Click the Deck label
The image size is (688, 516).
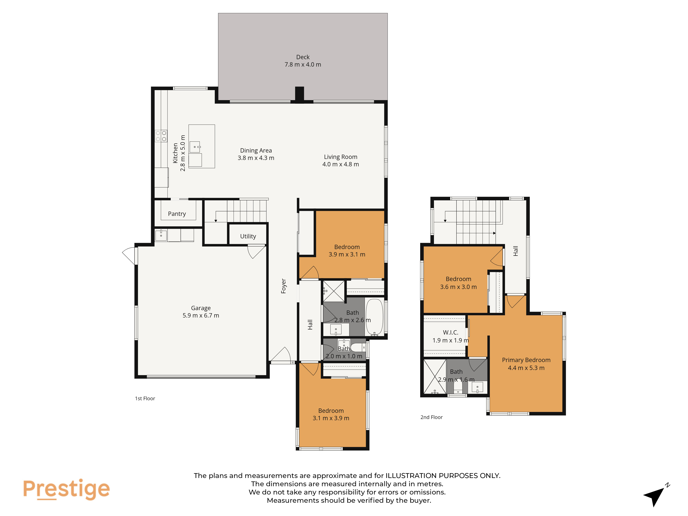(x=303, y=57)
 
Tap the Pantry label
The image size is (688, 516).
(x=177, y=214)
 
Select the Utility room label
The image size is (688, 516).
(x=248, y=236)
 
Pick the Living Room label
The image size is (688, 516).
(x=341, y=157)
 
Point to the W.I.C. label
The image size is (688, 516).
(x=450, y=332)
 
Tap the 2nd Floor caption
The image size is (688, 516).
(x=431, y=417)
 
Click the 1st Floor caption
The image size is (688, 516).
(x=145, y=398)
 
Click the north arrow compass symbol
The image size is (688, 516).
(x=656, y=495)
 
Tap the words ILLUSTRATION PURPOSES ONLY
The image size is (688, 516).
(x=443, y=476)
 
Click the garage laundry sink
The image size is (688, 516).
(x=161, y=235)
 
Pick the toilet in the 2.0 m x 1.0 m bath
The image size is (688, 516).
(x=358, y=347)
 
